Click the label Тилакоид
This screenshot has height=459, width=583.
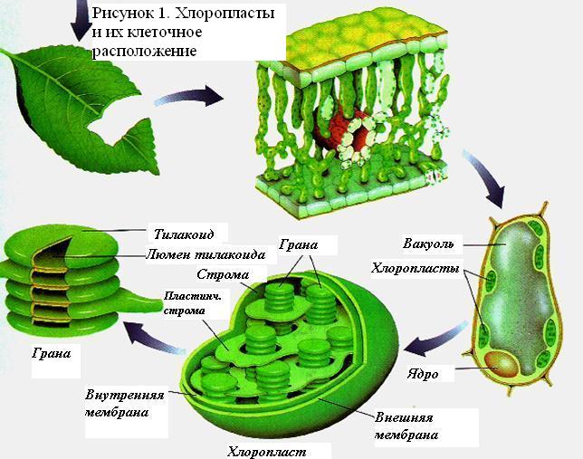coord(184,234)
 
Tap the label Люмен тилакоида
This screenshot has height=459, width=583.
coord(205,254)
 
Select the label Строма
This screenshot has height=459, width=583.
coord(223,274)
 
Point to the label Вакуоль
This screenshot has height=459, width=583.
coord(428,244)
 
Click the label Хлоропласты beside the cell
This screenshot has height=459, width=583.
coord(415,268)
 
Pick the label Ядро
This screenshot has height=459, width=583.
coord(423,374)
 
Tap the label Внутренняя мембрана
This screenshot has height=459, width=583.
coord(124,404)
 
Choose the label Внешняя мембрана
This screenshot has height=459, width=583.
coord(406,426)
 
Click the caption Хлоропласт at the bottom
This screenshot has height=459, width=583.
coord(266,452)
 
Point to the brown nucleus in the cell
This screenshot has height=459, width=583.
coord(502,363)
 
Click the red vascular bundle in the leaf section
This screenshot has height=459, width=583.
coord(341,130)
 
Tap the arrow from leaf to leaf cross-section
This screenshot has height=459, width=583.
coord(188,97)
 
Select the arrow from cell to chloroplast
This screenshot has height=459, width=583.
coord(435,339)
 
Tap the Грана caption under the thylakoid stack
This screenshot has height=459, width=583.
coord(51,352)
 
